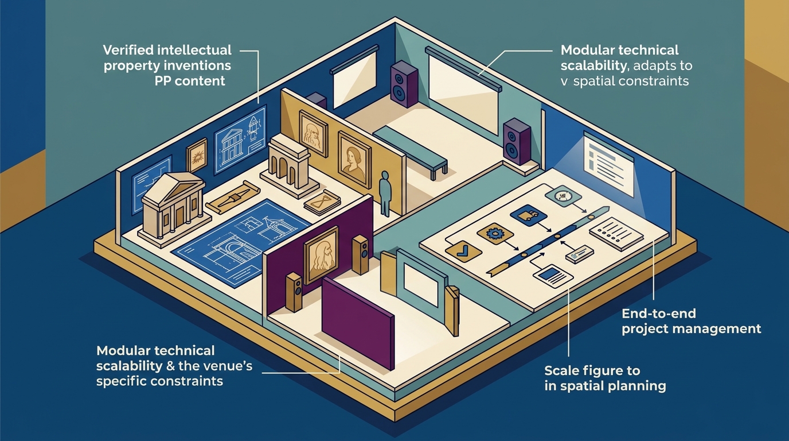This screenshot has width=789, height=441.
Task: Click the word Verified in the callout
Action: (x=128, y=50)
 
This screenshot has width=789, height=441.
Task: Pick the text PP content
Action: (x=190, y=81)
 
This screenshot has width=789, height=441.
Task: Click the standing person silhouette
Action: (x=385, y=194)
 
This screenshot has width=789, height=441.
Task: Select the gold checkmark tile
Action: (x=463, y=251)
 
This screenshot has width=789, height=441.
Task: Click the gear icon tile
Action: (x=495, y=233)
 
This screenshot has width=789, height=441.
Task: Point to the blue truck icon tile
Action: (x=528, y=215)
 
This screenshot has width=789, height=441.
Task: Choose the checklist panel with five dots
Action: (x=611, y=233)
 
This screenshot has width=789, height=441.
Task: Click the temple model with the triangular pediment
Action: (x=173, y=208)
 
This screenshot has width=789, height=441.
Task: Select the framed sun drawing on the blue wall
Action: (x=197, y=156)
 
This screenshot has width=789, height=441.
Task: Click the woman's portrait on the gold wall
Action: (x=354, y=161)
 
